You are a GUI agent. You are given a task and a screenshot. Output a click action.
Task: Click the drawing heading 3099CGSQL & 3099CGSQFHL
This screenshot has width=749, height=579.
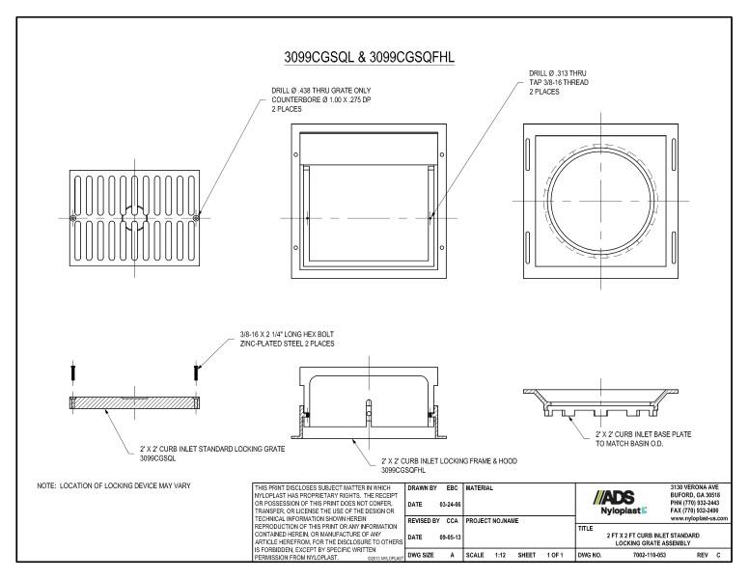click(370, 57)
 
